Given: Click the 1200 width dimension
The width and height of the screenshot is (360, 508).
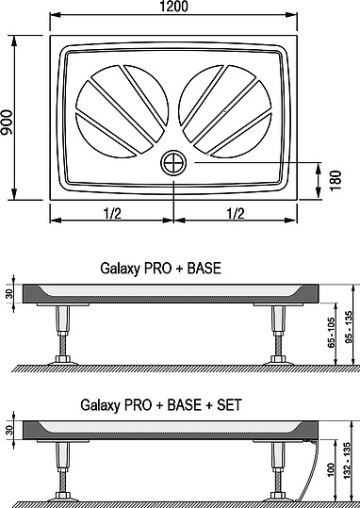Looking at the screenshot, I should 173,8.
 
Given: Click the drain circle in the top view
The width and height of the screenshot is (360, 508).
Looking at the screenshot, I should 173,163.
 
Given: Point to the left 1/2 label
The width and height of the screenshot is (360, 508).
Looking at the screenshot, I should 111,213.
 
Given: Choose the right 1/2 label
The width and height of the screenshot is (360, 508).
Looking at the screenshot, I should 236,213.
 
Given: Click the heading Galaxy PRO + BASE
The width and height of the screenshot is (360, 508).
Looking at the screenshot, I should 160,268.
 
